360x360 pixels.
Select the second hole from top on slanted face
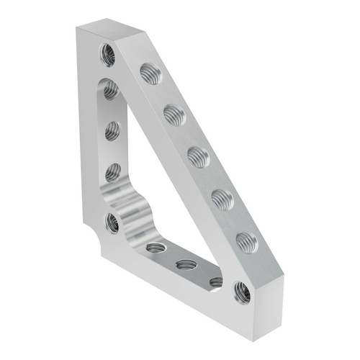tap(173, 112)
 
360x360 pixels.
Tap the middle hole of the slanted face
tap(197, 154)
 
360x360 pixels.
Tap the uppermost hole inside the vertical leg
tap(110, 89)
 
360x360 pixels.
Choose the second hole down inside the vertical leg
tap(112, 130)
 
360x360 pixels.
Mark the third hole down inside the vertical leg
tap(113, 173)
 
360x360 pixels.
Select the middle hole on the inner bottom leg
tap(186, 265)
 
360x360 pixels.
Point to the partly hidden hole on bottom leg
tap(215, 282)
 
